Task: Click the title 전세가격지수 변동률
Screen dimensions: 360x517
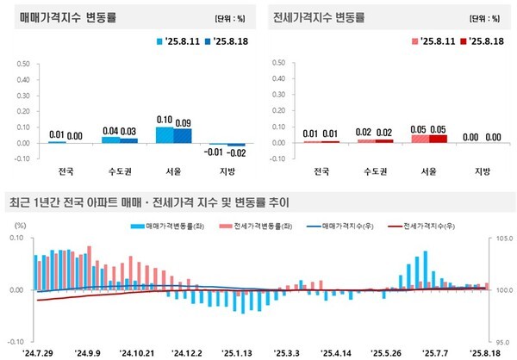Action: pyautogui.click(x=318, y=16)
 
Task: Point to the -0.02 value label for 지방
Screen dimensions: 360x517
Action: pyautogui.click(x=235, y=152)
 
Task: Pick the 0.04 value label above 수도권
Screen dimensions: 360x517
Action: pyautogui.click(x=109, y=131)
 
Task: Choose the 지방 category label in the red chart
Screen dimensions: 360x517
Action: pyautogui.click(x=479, y=170)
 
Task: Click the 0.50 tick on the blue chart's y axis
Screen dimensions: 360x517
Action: pyautogui.click(x=24, y=63)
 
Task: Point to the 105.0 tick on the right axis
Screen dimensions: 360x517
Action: pyautogui.click(x=503, y=238)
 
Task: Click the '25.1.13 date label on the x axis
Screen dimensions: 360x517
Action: pyautogui.click(x=236, y=351)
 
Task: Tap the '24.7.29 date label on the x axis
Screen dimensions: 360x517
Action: pyautogui.click(x=39, y=351)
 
